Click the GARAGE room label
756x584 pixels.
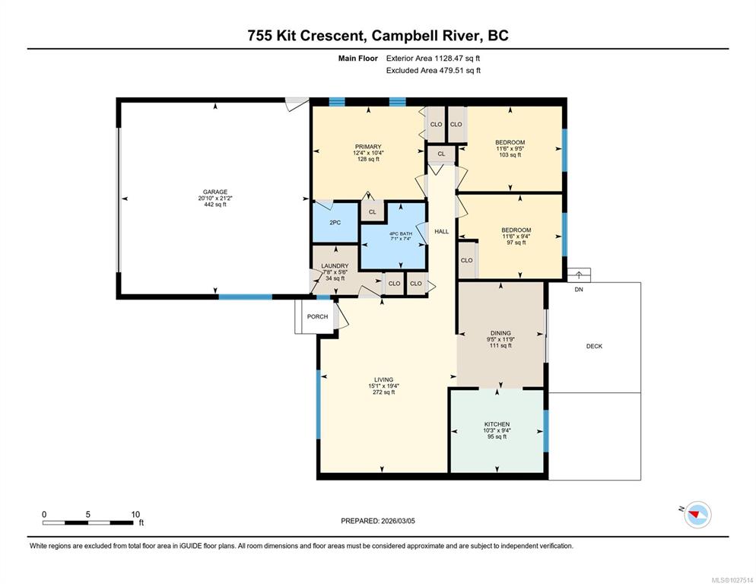coord(215,192)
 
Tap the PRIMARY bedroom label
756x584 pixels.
coord(368,147)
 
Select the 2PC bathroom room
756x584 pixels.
coord(335,222)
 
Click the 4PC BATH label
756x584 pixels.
coord(401,234)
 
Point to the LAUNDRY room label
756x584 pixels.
coord(335,265)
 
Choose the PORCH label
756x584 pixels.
coord(317,316)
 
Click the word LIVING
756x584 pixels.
coord(384,379)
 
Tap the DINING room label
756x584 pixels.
coord(500,333)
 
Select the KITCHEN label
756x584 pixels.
coord(497,424)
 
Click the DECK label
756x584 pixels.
coord(594,346)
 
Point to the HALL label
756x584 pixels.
coord(442,231)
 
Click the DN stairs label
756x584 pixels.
coord(579,290)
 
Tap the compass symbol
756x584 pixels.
coord(697,515)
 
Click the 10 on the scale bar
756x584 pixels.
coord(135,515)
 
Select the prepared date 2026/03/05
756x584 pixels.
coord(398,521)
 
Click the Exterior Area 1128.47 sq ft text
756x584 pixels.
coord(433,59)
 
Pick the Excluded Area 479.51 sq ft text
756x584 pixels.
coord(434,71)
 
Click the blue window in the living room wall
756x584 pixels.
coord(318,404)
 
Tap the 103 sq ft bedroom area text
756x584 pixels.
coord(510,155)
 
